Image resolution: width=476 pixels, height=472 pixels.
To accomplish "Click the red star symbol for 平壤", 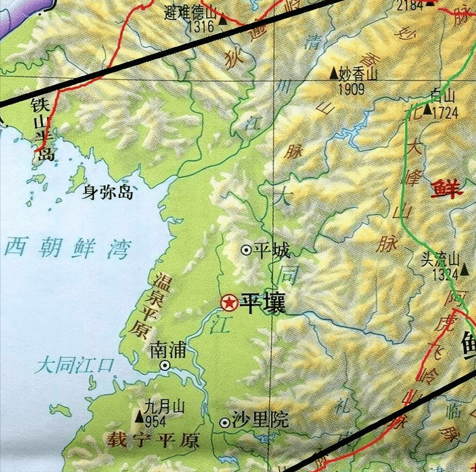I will click(x=229, y=303).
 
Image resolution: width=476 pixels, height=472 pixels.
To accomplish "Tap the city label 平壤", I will click(x=263, y=303).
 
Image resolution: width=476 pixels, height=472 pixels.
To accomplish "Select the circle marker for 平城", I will click(x=246, y=250).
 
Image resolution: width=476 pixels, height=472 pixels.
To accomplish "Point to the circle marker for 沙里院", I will click(x=225, y=423).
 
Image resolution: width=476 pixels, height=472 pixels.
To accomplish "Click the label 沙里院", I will click(x=260, y=420).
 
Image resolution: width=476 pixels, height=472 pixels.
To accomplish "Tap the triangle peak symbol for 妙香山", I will click(x=333, y=73).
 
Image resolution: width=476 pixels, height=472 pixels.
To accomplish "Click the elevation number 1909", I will click(x=351, y=89).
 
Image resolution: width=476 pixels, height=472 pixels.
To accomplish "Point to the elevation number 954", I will click(x=156, y=421).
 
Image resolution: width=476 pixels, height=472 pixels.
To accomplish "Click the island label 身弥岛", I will click(x=107, y=192).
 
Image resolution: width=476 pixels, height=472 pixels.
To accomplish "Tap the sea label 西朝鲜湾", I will click(x=67, y=248).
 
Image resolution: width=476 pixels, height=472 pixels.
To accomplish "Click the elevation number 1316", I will click(x=201, y=27).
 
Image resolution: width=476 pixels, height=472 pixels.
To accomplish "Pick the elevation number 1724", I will click(x=445, y=113).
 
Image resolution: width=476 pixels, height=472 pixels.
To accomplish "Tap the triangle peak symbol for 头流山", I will click(x=465, y=270).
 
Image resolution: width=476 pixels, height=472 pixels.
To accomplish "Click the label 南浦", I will click(x=168, y=349).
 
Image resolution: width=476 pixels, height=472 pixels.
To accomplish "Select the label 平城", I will click(x=272, y=250).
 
